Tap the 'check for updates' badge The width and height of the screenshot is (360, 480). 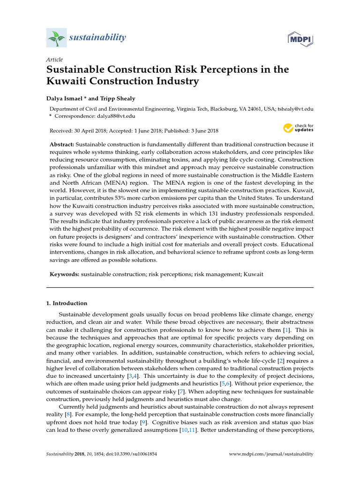coord(298,127)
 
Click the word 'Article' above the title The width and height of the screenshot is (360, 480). coord(54,60)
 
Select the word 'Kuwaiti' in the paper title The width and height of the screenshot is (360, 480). coord(68,82)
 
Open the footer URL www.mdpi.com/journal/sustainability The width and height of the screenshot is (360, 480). coord(271,454)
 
